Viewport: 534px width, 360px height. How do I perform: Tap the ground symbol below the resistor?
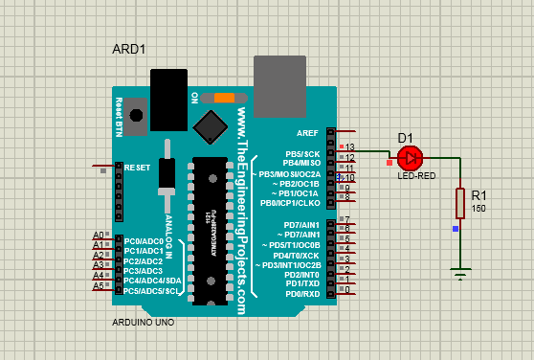click(x=460, y=276)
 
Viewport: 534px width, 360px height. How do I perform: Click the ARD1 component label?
click(x=129, y=48)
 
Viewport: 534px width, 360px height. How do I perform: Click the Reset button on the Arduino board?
click(x=136, y=115)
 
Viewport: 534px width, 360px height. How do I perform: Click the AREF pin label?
click(x=308, y=133)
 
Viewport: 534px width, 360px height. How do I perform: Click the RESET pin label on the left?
click(x=139, y=167)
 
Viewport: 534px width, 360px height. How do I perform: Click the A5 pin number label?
click(x=98, y=286)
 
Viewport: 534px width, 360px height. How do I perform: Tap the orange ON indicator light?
click(x=225, y=98)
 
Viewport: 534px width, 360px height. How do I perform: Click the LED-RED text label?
click(x=416, y=176)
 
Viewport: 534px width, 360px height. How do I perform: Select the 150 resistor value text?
click(x=478, y=208)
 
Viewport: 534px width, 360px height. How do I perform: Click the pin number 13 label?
click(x=350, y=146)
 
